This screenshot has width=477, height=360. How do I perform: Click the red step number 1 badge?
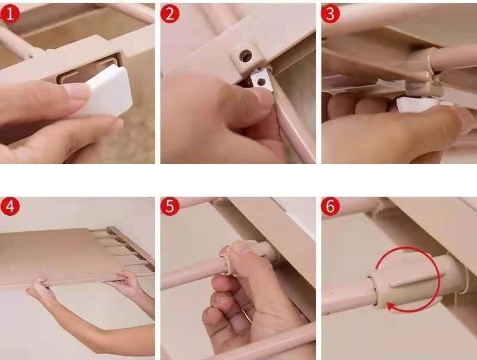coord(10,14)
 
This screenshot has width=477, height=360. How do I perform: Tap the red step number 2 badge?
coord(170,14)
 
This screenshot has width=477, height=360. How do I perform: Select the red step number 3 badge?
coord(330,14)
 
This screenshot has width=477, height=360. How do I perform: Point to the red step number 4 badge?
coord(10,206)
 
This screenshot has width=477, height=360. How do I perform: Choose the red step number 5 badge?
coord(170,206)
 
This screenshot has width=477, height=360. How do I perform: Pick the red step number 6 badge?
coord(330,206)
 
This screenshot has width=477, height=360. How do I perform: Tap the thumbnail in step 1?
coord(76,91)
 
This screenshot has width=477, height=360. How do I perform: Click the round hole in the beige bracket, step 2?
coord(246,55)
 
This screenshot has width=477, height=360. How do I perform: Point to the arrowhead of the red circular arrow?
coord(391,306)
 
